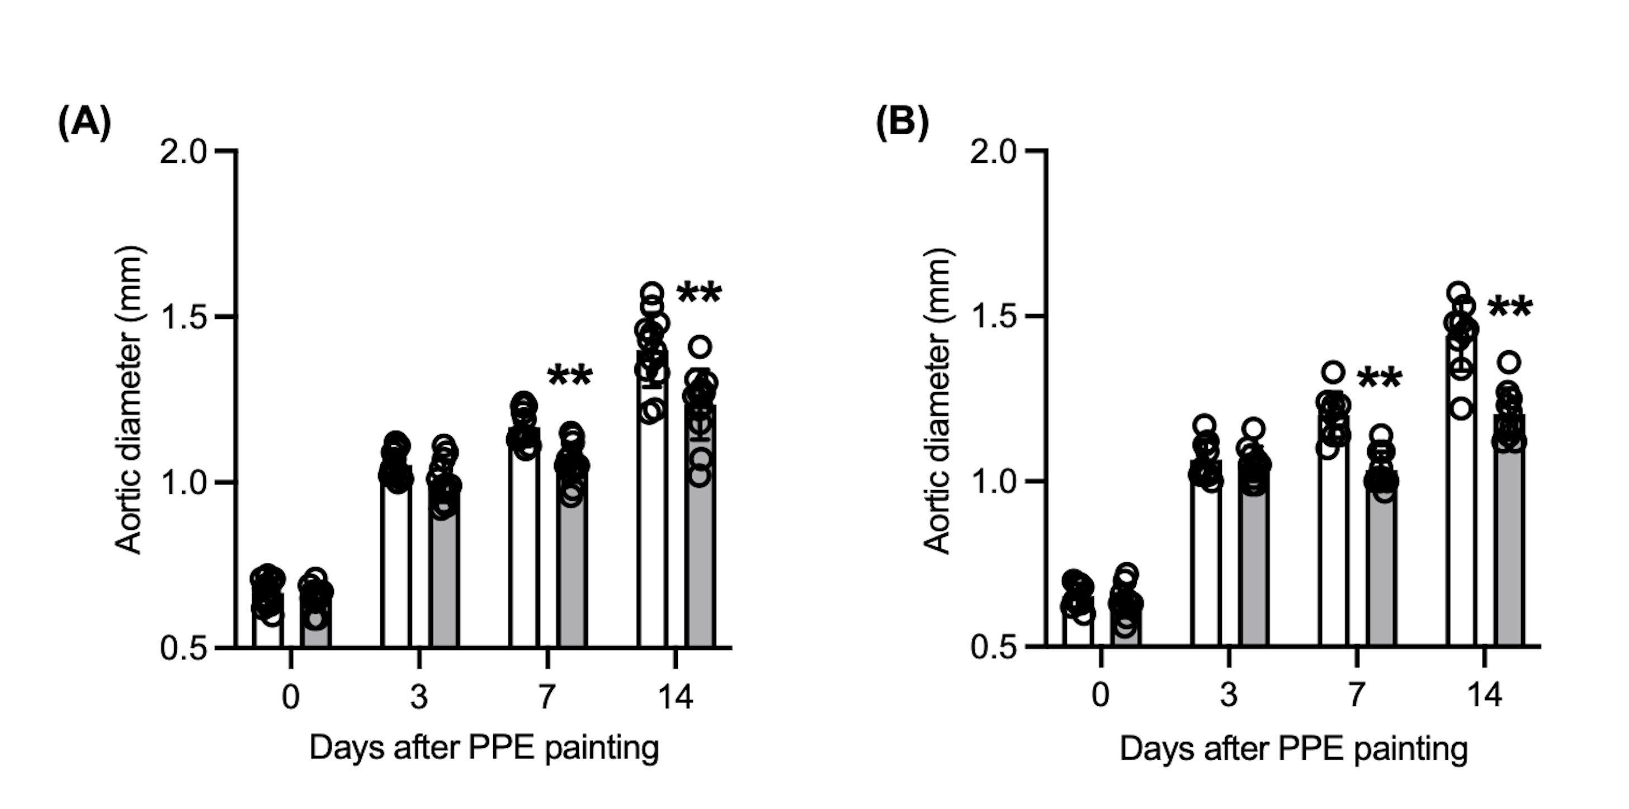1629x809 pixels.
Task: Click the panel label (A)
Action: click(x=84, y=123)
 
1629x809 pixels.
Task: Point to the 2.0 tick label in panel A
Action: click(x=183, y=152)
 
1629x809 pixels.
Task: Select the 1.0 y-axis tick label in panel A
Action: click(x=183, y=483)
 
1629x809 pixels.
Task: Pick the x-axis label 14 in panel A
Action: click(x=676, y=697)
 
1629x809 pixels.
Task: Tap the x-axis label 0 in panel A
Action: click(x=290, y=697)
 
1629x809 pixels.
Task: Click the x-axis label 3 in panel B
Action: click(x=1229, y=697)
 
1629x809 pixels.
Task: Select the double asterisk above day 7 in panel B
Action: click(x=1379, y=379)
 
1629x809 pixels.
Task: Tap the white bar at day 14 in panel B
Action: click(x=1461, y=506)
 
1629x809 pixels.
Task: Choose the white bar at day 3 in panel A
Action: click(x=396, y=570)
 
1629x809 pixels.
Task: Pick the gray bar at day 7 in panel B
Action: click(x=1381, y=570)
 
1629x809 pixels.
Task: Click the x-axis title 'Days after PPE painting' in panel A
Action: click(x=484, y=748)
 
